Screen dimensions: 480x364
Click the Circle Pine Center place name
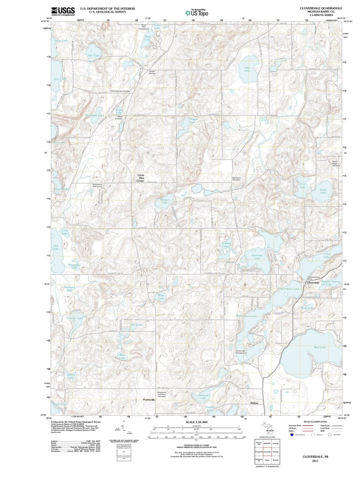pyautogui.click(x=141, y=178)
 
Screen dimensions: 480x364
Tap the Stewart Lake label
pyautogui.click(x=164, y=201)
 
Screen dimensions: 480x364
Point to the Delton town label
pyautogui.click(x=254, y=403)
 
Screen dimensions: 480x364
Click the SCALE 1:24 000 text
pyautogui.click(x=196, y=422)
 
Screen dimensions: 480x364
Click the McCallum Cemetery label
pyautogui.click(x=236, y=179)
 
